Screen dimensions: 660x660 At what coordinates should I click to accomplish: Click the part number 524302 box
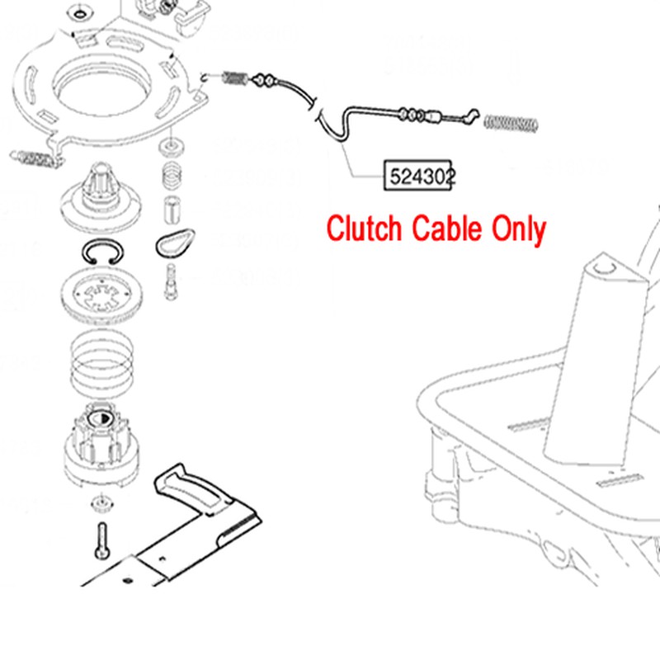point(417,175)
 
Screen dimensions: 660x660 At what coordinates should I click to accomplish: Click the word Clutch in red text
point(364,229)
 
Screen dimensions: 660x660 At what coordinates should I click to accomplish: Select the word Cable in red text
point(446,229)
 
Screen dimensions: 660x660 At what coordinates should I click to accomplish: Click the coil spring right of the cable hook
point(511,123)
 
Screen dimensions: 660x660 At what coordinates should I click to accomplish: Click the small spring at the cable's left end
point(234,78)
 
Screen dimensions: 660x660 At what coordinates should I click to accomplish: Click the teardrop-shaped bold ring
point(175,243)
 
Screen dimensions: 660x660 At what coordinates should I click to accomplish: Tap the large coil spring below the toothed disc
point(101,365)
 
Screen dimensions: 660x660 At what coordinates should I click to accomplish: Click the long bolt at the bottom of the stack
point(102,541)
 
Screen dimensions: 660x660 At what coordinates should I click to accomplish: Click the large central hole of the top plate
point(101,87)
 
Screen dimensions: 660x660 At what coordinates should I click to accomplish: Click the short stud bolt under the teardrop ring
point(171,282)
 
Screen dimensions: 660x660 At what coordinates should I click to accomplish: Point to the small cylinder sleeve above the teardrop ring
point(172,210)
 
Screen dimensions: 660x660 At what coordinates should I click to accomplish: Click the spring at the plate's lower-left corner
point(35,158)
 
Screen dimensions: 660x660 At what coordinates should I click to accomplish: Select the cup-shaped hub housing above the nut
point(101,446)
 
